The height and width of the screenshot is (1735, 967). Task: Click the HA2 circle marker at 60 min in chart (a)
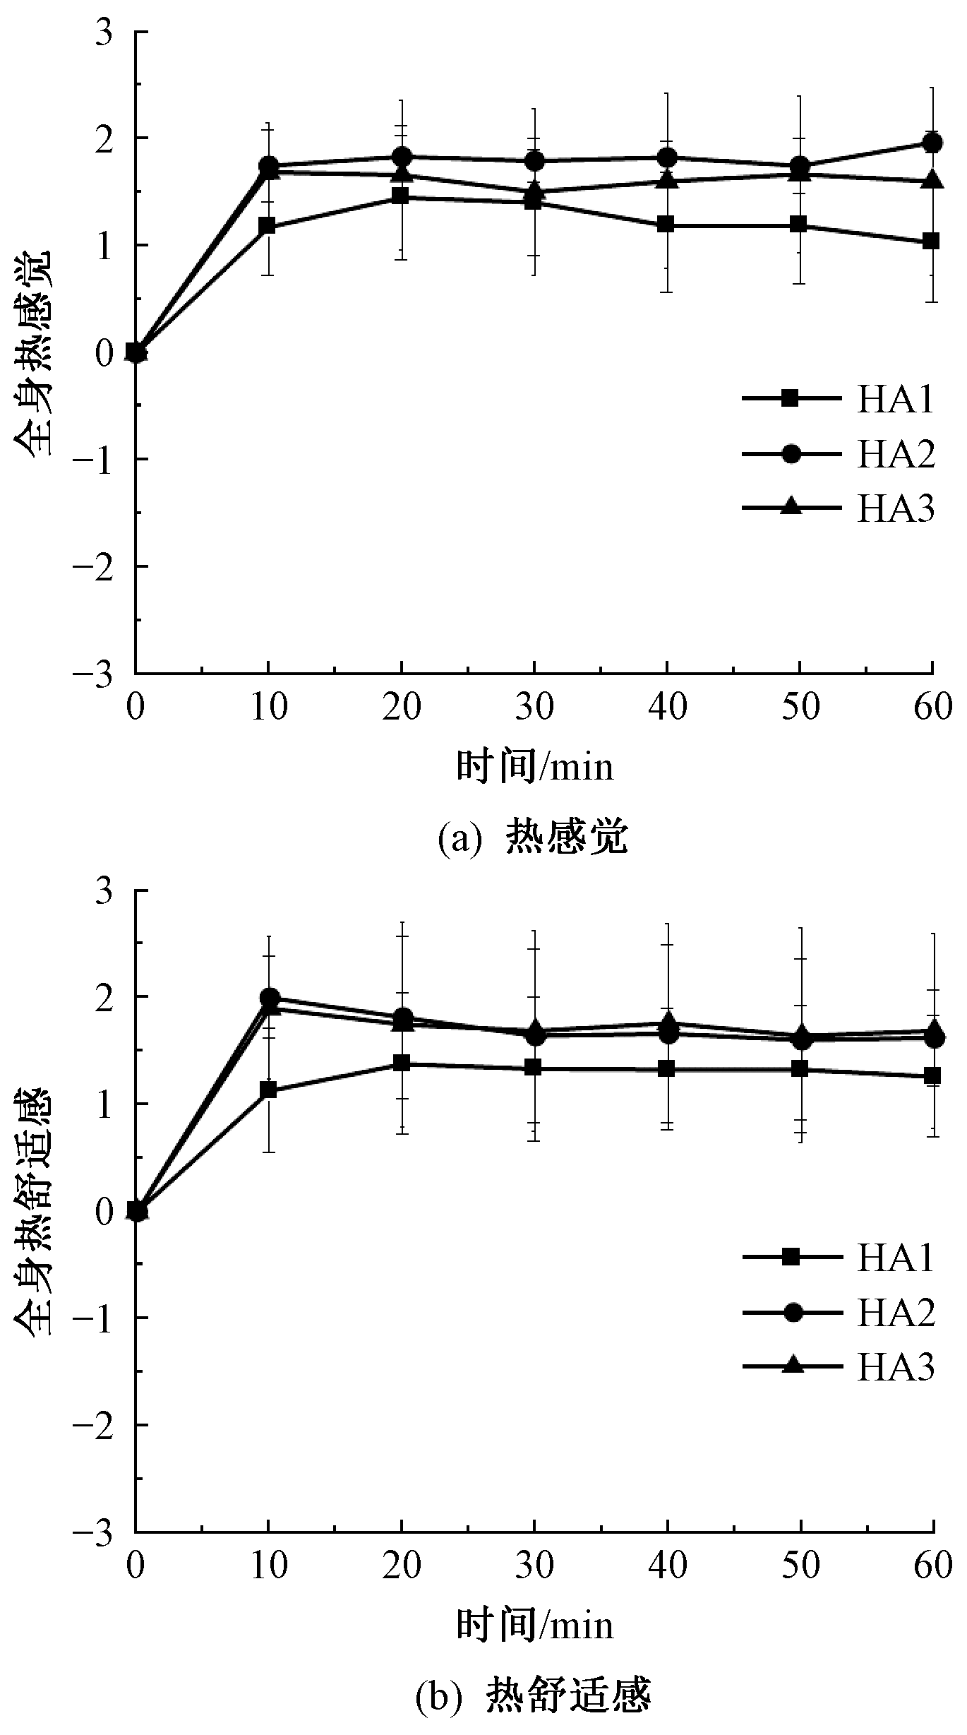[932, 143]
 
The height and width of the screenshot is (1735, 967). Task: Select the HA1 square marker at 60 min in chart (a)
[931, 242]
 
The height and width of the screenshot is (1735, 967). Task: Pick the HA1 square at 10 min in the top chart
[268, 227]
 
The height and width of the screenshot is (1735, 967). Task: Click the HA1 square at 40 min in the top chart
[666, 225]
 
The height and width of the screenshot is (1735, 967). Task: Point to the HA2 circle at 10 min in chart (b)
[269, 997]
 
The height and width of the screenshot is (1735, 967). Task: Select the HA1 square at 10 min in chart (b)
[268, 1090]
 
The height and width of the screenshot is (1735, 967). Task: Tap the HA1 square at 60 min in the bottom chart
[932, 1075]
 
